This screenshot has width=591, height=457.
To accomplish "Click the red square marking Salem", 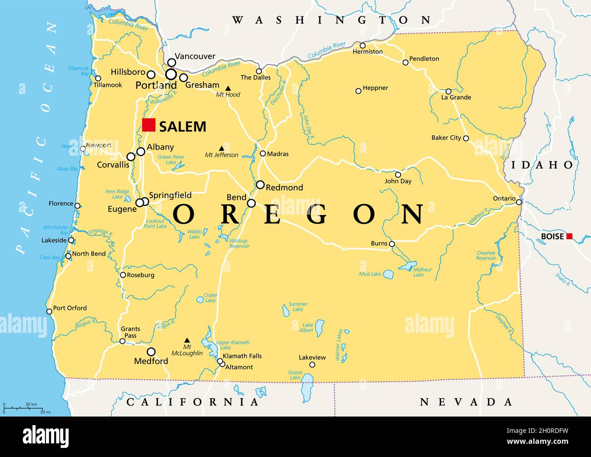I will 149,125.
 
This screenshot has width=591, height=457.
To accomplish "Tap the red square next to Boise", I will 569,236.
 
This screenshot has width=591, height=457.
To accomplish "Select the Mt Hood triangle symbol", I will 228,88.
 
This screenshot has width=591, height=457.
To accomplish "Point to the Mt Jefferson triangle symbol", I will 221,148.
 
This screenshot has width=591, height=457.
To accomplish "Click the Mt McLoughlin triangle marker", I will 187,340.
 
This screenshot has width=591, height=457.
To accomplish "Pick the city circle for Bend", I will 251,203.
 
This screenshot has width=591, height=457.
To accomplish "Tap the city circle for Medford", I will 151,352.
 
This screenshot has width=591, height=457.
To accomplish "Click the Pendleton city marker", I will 406,62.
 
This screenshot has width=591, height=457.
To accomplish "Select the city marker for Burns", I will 392,244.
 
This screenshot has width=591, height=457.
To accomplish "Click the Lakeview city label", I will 312,357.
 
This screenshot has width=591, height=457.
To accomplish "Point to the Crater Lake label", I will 210,298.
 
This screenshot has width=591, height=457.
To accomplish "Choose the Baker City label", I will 446,137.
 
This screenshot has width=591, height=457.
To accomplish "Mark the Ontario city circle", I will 519,202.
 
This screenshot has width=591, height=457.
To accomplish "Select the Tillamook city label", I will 108,85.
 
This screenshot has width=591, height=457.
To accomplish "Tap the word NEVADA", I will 466,402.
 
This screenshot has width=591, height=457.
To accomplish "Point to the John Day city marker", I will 398,175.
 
